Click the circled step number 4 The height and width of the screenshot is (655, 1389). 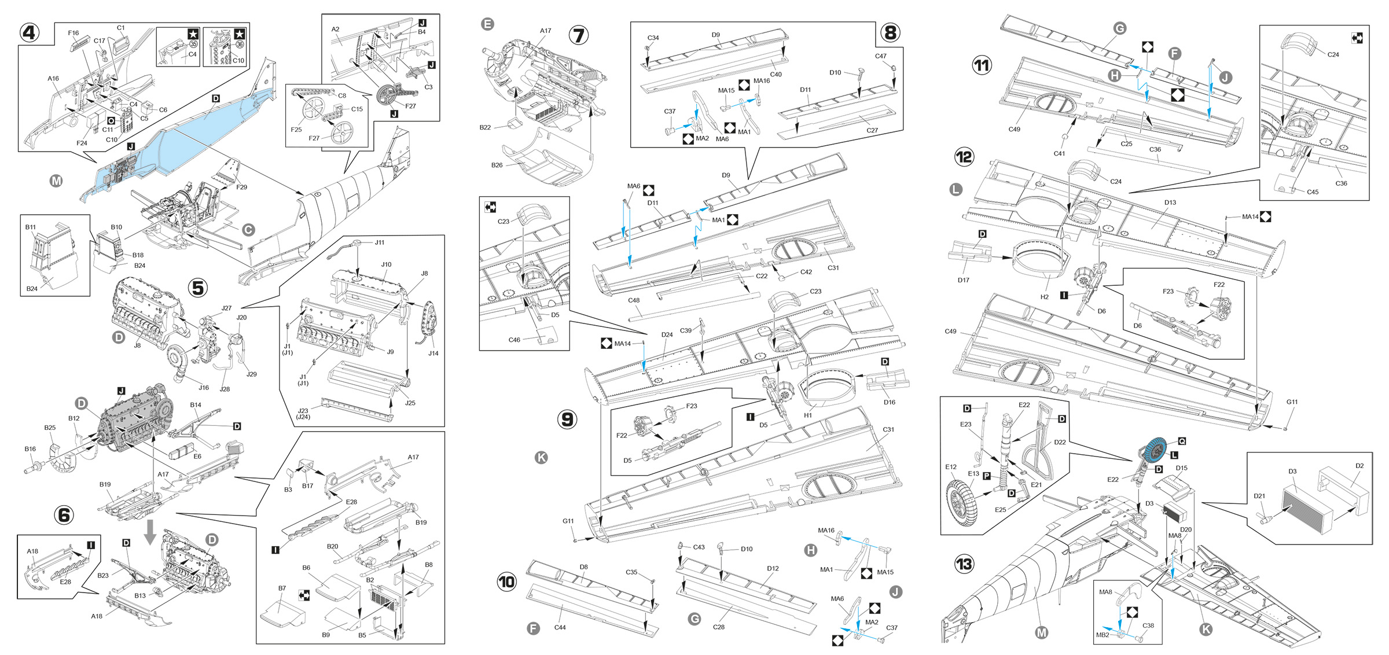(29, 32)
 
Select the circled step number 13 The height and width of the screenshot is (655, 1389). (964, 564)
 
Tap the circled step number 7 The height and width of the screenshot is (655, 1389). (578, 35)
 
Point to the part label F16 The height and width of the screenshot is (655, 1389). (73, 33)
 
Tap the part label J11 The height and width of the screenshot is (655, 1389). (379, 242)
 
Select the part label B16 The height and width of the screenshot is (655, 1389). (30, 449)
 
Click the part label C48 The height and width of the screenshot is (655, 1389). (634, 300)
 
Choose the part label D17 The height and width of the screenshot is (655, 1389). (963, 280)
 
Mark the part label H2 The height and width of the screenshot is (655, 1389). (1044, 297)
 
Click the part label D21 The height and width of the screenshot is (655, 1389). (1259, 496)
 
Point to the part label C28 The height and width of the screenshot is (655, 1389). (718, 627)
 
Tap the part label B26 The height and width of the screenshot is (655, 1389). (497, 165)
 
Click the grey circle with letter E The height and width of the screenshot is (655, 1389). (487, 24)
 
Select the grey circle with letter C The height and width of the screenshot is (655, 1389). (248, 230)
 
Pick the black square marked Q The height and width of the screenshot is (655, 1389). (1182, 441)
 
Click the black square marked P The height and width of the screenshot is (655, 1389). (987, 476)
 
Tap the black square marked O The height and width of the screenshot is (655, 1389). (111, 120)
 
